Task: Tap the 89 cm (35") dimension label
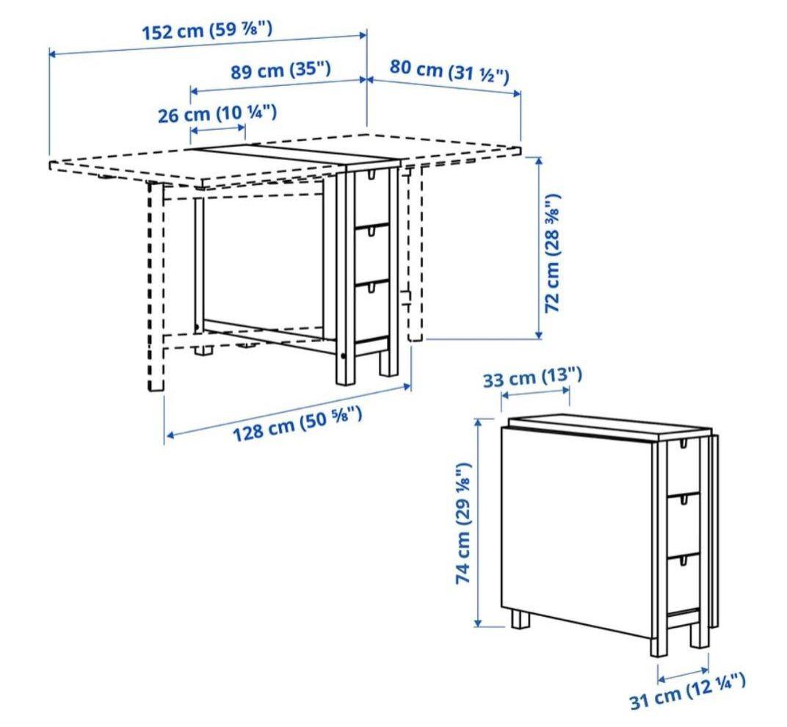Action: click(x=281, y=71)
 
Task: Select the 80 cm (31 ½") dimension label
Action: click(x=449, y=72)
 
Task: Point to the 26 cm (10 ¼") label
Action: click(x=217, y=114)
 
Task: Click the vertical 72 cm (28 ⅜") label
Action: click(x=555, y=253)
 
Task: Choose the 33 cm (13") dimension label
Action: click(x=532, y=379)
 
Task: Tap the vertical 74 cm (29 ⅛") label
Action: click(x=465, y=524)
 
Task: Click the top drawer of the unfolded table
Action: click(x=372, y=197)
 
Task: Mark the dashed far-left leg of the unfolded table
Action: click(x=155, y=286)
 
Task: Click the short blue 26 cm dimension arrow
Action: click(x=218, y=129)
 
